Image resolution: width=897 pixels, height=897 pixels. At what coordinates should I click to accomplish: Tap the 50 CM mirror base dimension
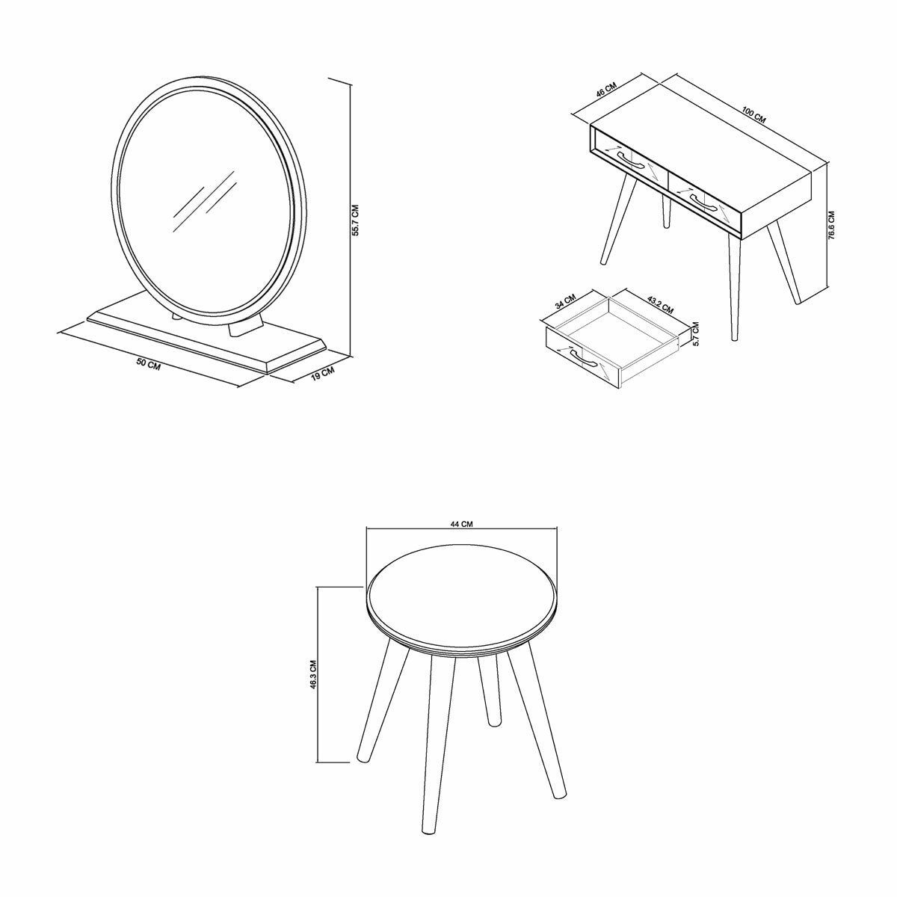click(149, 364)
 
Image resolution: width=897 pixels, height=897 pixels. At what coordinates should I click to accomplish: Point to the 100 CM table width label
click(753, 115)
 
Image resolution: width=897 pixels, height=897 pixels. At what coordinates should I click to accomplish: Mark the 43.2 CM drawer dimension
click(660, 303)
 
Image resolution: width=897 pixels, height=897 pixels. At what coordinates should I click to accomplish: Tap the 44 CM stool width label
click(461, 524)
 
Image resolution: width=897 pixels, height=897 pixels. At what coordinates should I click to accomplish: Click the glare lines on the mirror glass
click(203, 196)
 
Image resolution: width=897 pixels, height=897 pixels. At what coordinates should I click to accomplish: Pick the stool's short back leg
click(490, 691)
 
